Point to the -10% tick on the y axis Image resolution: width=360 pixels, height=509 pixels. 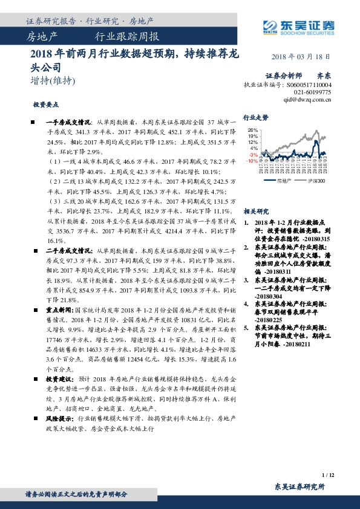[252, 161]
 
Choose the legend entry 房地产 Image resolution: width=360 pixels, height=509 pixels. [284, 180]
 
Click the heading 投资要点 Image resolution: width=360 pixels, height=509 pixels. [45, 104]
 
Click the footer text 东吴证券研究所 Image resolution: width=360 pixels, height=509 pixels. [299, 487]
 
